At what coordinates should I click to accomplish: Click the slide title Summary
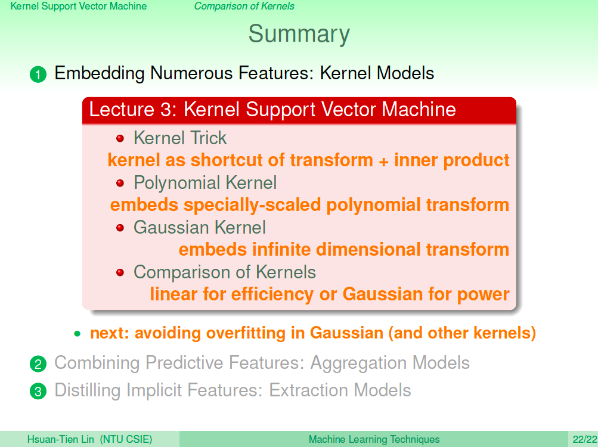click(299, 35)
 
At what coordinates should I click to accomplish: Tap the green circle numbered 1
click(38, 74)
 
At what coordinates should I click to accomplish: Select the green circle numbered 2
click(38, 364)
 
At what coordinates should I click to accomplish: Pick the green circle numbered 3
click(38, 392)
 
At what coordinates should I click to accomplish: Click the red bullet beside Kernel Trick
click(120, 138)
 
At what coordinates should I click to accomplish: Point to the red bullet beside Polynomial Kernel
click(120, 184)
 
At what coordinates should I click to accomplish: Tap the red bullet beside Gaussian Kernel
click(120, 228)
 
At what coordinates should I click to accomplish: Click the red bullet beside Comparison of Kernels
click(120, 273)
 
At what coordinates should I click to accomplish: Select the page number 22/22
click(585, 439)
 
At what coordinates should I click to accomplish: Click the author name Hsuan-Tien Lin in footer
click(61, 439)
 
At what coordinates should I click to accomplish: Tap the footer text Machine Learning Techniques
click(374, 439)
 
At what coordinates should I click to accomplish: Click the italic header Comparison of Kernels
click(244, 6)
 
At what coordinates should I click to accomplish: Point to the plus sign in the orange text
click(383, 162)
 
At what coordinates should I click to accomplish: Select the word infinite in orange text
click(281, 250)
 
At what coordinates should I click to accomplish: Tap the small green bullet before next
click(78, 334)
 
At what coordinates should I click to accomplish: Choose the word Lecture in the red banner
click(122, 110)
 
